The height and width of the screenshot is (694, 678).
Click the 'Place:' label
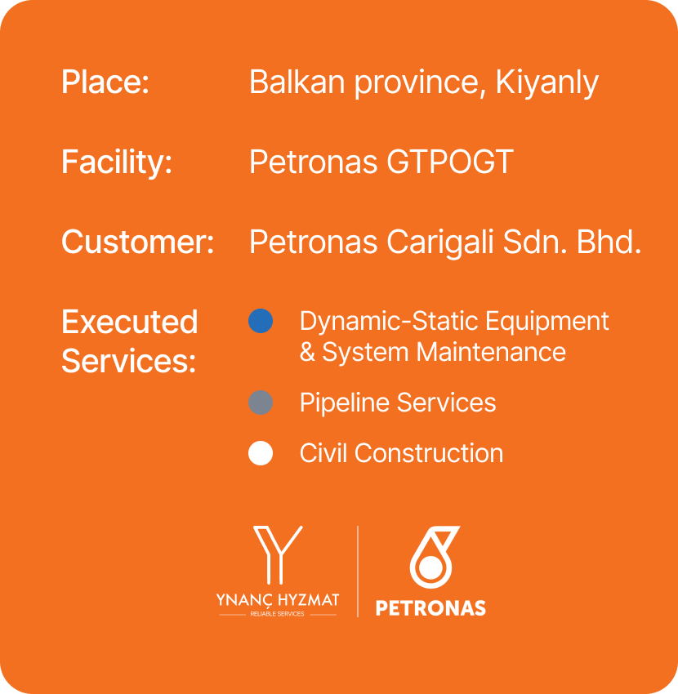click(105, 82)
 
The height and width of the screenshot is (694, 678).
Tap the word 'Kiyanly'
click(547, 82)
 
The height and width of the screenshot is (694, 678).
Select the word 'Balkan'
click(297, 82)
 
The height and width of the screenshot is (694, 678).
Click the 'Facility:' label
click(117, 162)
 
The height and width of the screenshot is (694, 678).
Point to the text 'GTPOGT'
click(450, 162)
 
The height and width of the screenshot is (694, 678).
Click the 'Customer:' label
click(138, 242)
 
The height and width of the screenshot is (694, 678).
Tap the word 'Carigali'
click(440, 243)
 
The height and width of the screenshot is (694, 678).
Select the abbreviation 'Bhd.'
click(609, 242)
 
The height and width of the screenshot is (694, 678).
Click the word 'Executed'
click(129, 322)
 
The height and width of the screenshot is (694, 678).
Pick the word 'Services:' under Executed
click(128, 361)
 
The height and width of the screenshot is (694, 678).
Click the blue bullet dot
click(261, 321)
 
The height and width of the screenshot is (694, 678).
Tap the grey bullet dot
click(261, 403)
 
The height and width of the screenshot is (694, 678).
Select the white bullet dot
click(261, 453)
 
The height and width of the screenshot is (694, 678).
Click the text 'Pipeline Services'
click(398, 403)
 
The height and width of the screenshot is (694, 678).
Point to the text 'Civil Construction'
click(402, 453)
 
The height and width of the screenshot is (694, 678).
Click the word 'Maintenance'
click(491, 353)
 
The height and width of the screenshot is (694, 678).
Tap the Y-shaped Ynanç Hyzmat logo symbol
click(278, 554)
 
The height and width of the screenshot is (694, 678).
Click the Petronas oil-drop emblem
click(433, 556)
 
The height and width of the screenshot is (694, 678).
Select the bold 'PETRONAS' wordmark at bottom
click(430, 608)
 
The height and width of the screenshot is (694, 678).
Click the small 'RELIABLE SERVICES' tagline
click(277, 614)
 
